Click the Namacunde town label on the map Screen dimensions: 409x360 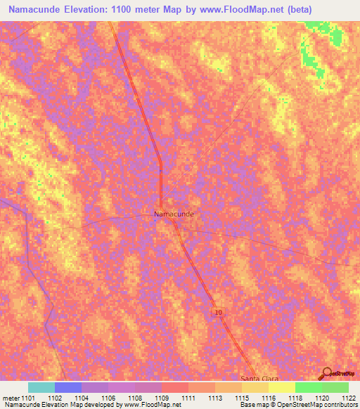[x=174, y=213]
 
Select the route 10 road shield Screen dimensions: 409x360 [x=219, y=311]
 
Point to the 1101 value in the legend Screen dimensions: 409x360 [x=28, y=397]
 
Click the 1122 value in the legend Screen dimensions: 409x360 [x=349, y=397]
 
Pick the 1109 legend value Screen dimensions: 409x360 [x=162, y=397]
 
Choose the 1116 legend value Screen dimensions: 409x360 [x=269, y=397]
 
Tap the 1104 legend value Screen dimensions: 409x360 [x=82, y=397]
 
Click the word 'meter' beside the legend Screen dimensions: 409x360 [x=10, y=397]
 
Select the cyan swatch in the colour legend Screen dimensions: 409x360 [x=41, y=387]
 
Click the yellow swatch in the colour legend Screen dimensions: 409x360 [x=281, y=387]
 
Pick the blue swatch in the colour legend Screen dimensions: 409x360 [x=68, y=387]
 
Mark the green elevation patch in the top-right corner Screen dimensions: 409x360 [x=309, y=49]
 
